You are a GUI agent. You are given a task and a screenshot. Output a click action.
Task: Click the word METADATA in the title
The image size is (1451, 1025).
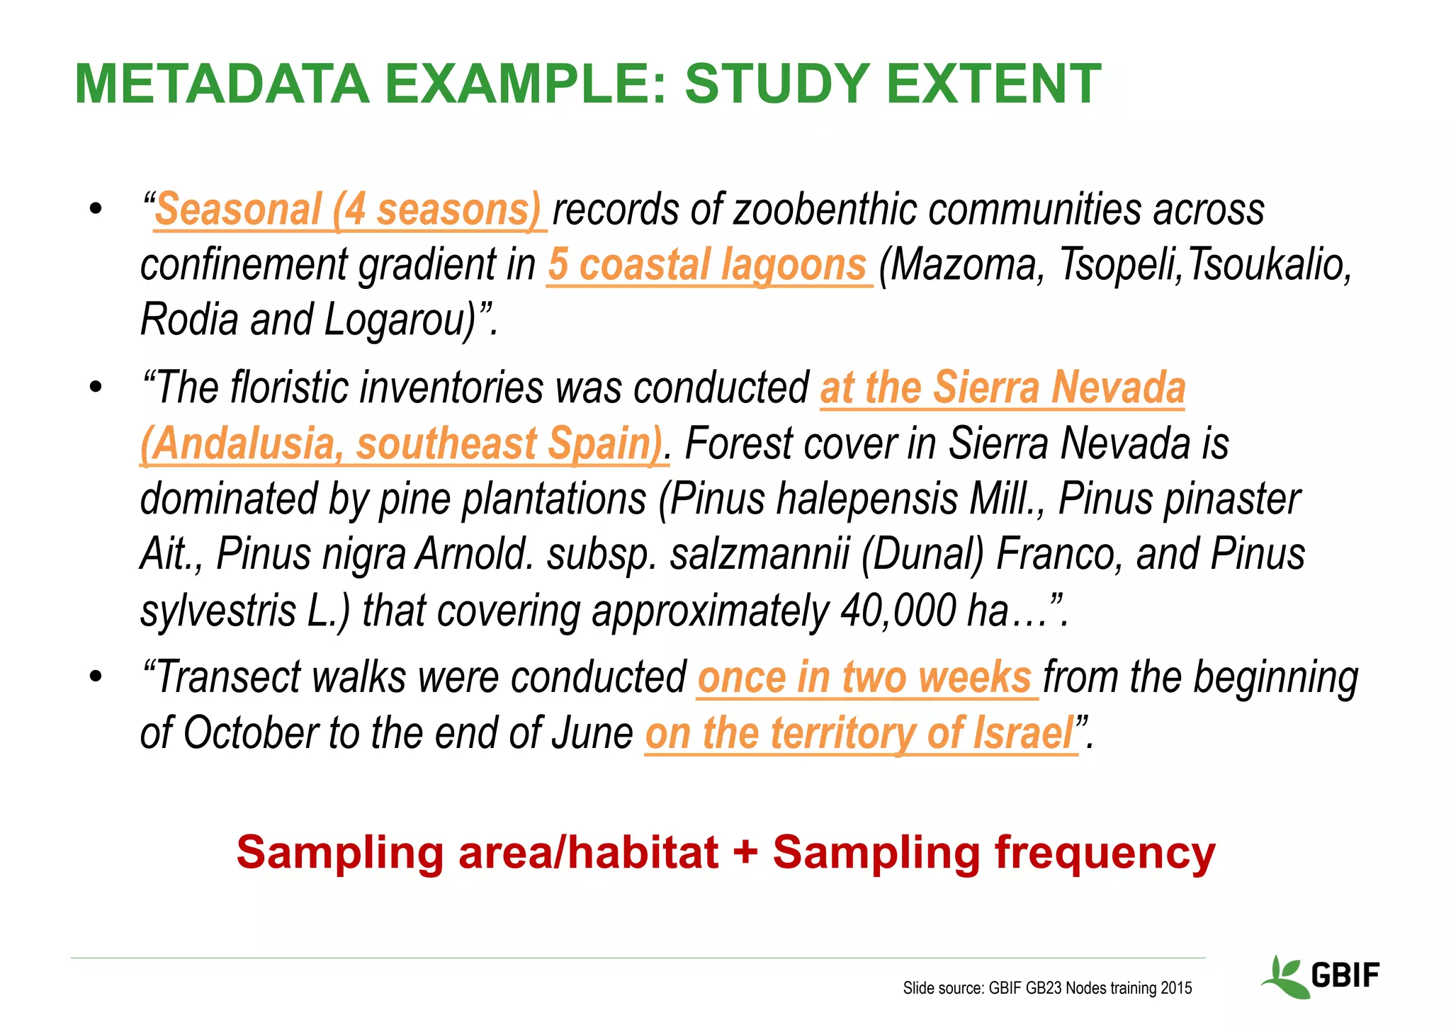[x=222, y=84]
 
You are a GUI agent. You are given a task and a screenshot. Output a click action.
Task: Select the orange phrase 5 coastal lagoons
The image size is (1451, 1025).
[x=708, y=265]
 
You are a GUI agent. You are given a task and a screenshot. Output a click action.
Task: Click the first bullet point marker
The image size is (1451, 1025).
[x=96, y=210]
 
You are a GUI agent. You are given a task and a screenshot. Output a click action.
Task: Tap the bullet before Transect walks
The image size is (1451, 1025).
[x=96, y=676]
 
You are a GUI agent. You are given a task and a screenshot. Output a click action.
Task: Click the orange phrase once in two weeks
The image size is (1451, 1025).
[x=865, y=677]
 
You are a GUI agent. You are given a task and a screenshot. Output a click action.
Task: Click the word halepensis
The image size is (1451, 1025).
[x=867, y=499]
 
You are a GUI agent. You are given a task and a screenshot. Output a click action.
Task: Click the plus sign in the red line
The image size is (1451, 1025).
[x=745, y=852]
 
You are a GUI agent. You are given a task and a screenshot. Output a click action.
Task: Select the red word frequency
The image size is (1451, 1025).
[x=1105, y=854]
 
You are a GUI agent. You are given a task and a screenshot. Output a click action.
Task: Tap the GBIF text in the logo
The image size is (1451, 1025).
[x=1345, y=975]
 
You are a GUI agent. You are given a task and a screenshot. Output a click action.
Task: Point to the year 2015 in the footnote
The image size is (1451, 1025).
[x=1176, y=988]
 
